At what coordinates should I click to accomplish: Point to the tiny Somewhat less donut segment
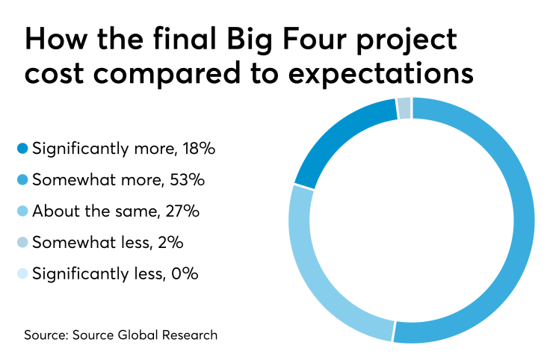(404, 108)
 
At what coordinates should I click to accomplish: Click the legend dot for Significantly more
(22, 149)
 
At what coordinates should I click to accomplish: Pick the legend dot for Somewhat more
(22, 180)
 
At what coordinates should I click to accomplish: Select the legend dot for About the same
(22, 211)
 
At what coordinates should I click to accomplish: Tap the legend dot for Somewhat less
(22, 243)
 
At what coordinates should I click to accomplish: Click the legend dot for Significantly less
(22, 274)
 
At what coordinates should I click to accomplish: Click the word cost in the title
(53, 75)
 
